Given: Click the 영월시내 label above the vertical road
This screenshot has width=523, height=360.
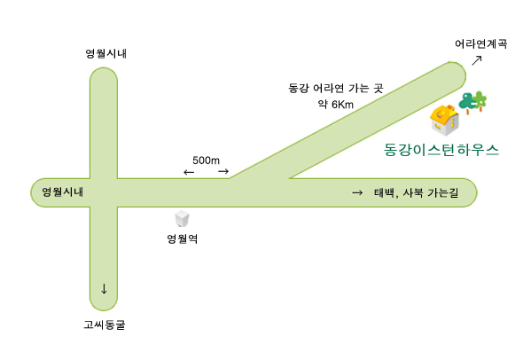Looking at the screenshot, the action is point(106,53).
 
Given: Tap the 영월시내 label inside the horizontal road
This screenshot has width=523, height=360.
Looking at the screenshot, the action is point(62,192).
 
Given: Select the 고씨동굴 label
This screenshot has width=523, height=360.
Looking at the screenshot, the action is point(105,325).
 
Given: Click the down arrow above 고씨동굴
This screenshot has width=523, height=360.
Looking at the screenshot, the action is point(104,289).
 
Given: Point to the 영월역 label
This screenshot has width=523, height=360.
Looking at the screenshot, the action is point(182,239).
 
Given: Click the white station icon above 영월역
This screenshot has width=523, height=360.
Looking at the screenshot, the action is point(182,219).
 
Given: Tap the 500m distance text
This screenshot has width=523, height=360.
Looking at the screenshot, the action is point(207,160).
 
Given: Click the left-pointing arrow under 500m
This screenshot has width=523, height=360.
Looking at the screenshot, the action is point(189,172).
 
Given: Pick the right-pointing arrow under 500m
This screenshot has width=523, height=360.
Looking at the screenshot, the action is point(223,171).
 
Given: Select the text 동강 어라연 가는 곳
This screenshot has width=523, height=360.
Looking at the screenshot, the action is point(336,88).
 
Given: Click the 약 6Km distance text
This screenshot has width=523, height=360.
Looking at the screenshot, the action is point(336,105).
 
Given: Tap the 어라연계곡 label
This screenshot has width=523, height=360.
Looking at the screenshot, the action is point(481,43).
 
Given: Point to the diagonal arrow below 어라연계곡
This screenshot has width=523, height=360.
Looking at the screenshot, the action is point(477,60).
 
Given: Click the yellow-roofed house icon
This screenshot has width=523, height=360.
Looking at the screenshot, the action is point(444,121).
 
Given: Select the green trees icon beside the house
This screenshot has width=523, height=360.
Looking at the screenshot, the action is point(472,103).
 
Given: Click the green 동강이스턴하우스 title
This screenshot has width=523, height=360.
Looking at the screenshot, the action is point(441,150).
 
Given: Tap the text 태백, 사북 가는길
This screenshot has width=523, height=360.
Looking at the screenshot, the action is point(417,192).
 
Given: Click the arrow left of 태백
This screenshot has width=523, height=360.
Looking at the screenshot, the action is point(357,192).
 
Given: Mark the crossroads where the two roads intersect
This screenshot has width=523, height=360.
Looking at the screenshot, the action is point(104,192).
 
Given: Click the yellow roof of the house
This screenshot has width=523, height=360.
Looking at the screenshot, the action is point(443,113).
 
